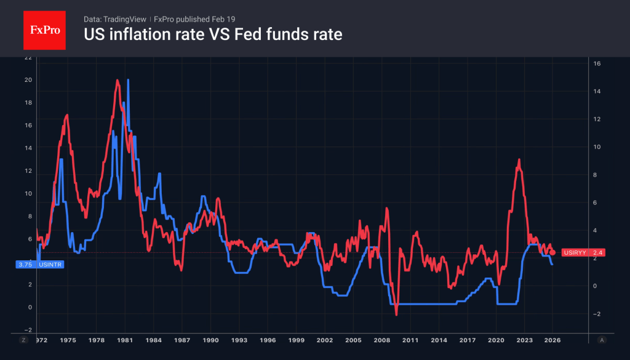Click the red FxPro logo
44,29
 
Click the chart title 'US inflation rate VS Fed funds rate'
213,34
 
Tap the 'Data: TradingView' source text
114,19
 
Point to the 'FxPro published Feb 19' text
194,19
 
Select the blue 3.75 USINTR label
39,264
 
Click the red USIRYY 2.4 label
583,252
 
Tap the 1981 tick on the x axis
125,340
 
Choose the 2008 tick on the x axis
381,340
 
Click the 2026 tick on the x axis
552,340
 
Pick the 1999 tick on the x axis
296,340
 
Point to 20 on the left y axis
28,80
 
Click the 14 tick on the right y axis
597,91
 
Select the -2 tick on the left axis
28,330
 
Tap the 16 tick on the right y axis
597,63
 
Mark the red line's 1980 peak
117,80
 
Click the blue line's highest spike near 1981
128,80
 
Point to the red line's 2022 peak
519,160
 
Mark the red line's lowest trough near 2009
396,314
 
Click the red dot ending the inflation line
552,252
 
